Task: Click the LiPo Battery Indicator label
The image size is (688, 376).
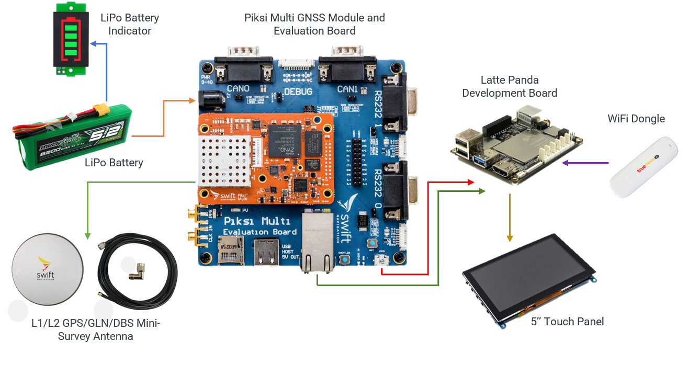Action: pos(129,24)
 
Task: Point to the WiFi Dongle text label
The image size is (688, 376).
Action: pos(636,119)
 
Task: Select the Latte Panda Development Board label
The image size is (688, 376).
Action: pos(509,86)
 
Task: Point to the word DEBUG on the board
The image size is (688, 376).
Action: pos(298,92)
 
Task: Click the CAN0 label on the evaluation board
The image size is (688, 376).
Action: pos(238,89)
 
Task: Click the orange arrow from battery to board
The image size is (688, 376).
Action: pos(163,117)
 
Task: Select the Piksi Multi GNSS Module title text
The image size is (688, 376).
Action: pos(314,24)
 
